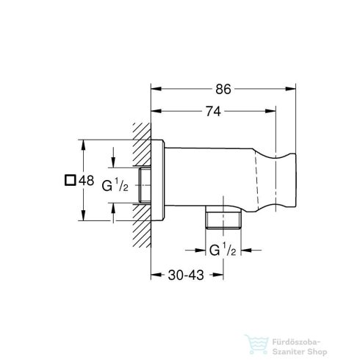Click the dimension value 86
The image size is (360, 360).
pos(223,89)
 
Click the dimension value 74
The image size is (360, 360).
pos(213,111)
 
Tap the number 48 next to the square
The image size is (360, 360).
pos(87,181)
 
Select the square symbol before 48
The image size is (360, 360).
pos(70,180)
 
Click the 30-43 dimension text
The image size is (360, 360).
pos(186,275)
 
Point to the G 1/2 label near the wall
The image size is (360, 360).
pos(115,185)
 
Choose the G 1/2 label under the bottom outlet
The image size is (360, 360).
pos(223,250)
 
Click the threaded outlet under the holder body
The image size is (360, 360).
pos(223,217)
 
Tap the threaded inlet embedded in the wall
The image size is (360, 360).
pos(145,185)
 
